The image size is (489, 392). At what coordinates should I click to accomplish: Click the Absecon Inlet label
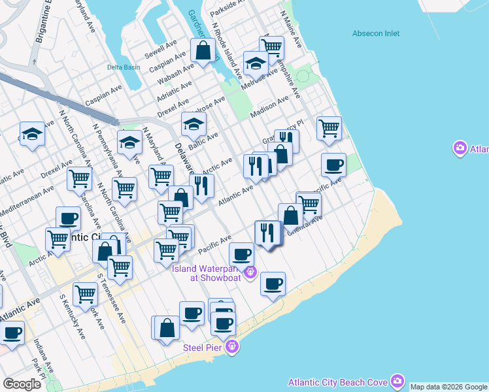click(375, 33)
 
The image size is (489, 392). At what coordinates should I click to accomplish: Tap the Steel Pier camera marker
click(231, 347)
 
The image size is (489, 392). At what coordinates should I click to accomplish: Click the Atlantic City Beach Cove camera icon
click(397, 381)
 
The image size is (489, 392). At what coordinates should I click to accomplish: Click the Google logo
click(22, 384)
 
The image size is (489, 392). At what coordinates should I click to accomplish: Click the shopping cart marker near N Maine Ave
click(271, 47)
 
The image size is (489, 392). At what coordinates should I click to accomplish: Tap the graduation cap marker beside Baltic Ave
click(194, 123)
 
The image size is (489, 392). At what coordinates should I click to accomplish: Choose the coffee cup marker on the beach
click(273, 284)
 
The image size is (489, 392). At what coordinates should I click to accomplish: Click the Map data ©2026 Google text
click(448, 387)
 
